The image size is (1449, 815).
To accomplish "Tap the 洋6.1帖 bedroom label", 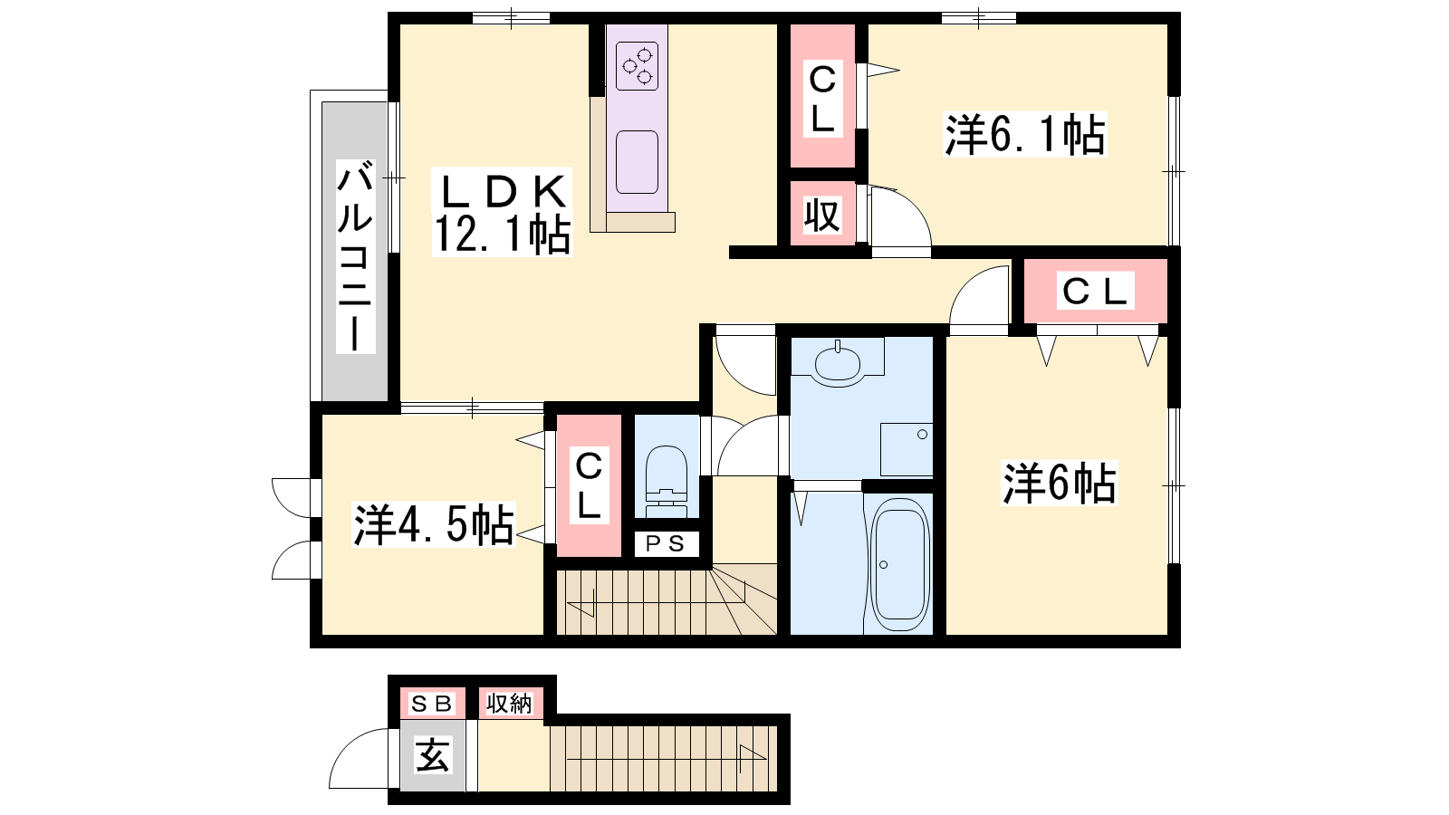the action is (x=1025, y=135).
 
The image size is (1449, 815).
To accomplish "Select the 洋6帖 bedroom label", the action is (x=1059, y=484).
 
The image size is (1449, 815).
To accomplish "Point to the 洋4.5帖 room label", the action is (x=434, y=524).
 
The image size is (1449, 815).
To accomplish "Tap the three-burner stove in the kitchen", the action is (x=638, y=66).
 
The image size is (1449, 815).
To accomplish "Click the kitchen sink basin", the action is (x=638, y=162).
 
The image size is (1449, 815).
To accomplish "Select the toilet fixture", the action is (x=667, y=482).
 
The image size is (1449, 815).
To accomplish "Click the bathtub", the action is (x=900, y=564).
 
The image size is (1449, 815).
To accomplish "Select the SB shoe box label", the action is (x=431, y=704).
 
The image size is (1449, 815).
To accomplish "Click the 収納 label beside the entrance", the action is (x=509, y=703).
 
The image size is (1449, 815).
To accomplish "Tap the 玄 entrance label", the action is (x=433, y=755).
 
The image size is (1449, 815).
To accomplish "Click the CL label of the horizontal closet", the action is (x=1095, y=291).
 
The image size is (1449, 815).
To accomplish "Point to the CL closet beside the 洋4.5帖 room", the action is (x=590, y=485).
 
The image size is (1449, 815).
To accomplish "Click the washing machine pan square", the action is (x=907, y=449).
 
